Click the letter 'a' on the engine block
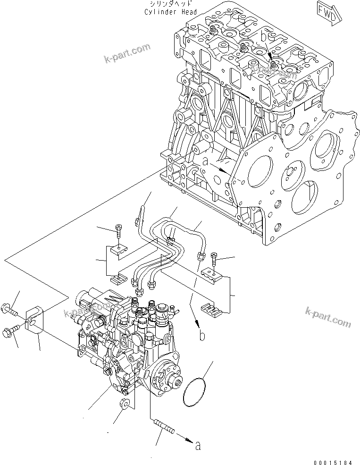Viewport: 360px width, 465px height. [x=205, y=161]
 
